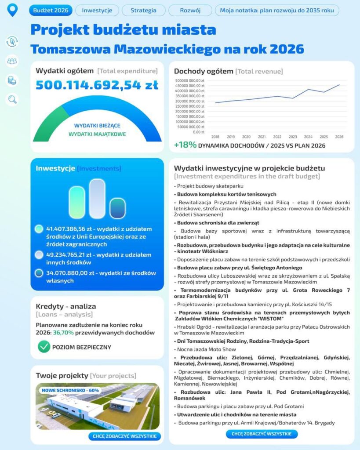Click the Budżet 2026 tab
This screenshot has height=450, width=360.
tap(51, 10)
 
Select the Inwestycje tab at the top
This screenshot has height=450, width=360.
tap(97, 10)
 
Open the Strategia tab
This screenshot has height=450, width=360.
tap(143, 10)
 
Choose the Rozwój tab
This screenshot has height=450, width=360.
tap(190, 10)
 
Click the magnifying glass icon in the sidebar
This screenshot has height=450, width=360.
tap(12, 100)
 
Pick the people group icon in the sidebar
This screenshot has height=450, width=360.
tap(12, 61)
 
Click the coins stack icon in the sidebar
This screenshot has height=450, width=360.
tap(12, 80)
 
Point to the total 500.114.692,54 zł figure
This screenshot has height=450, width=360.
tap(97, 85)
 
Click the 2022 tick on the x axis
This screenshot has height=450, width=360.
tap(277, 137)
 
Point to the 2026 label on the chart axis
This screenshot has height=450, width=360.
tap(339, 137)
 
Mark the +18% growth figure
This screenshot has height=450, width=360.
tap(185, 145)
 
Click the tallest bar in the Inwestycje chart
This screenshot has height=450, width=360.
tap(97, 199)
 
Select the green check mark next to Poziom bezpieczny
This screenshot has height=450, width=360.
tap(44, 347)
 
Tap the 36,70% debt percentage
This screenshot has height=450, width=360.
tap(63, 333)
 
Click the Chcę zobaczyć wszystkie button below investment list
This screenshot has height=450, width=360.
tap(262, 434)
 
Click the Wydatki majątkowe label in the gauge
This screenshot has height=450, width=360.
tap(97, 134)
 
